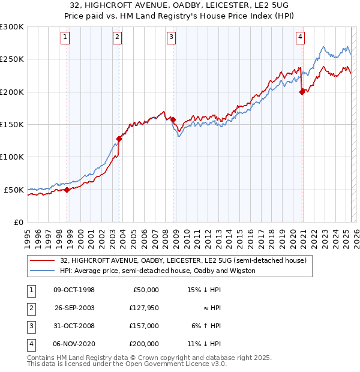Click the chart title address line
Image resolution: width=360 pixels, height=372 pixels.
click(x=179, y=5)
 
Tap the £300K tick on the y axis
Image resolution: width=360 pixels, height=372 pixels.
click(x=12, y=27)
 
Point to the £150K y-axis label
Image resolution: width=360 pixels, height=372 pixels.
click(x=12, y=125)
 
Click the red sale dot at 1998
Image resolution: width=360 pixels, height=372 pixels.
click(x=67, y=190)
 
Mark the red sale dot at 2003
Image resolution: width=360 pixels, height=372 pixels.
click(x=119, y=139)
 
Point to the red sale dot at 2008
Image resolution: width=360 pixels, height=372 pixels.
click(x=173, y=120)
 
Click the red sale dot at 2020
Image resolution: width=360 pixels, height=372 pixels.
click(x=302, y=92)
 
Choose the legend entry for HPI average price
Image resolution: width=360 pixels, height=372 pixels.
click(x=158, y=271)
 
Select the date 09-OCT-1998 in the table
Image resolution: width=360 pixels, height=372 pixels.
click(x=74, y=290)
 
